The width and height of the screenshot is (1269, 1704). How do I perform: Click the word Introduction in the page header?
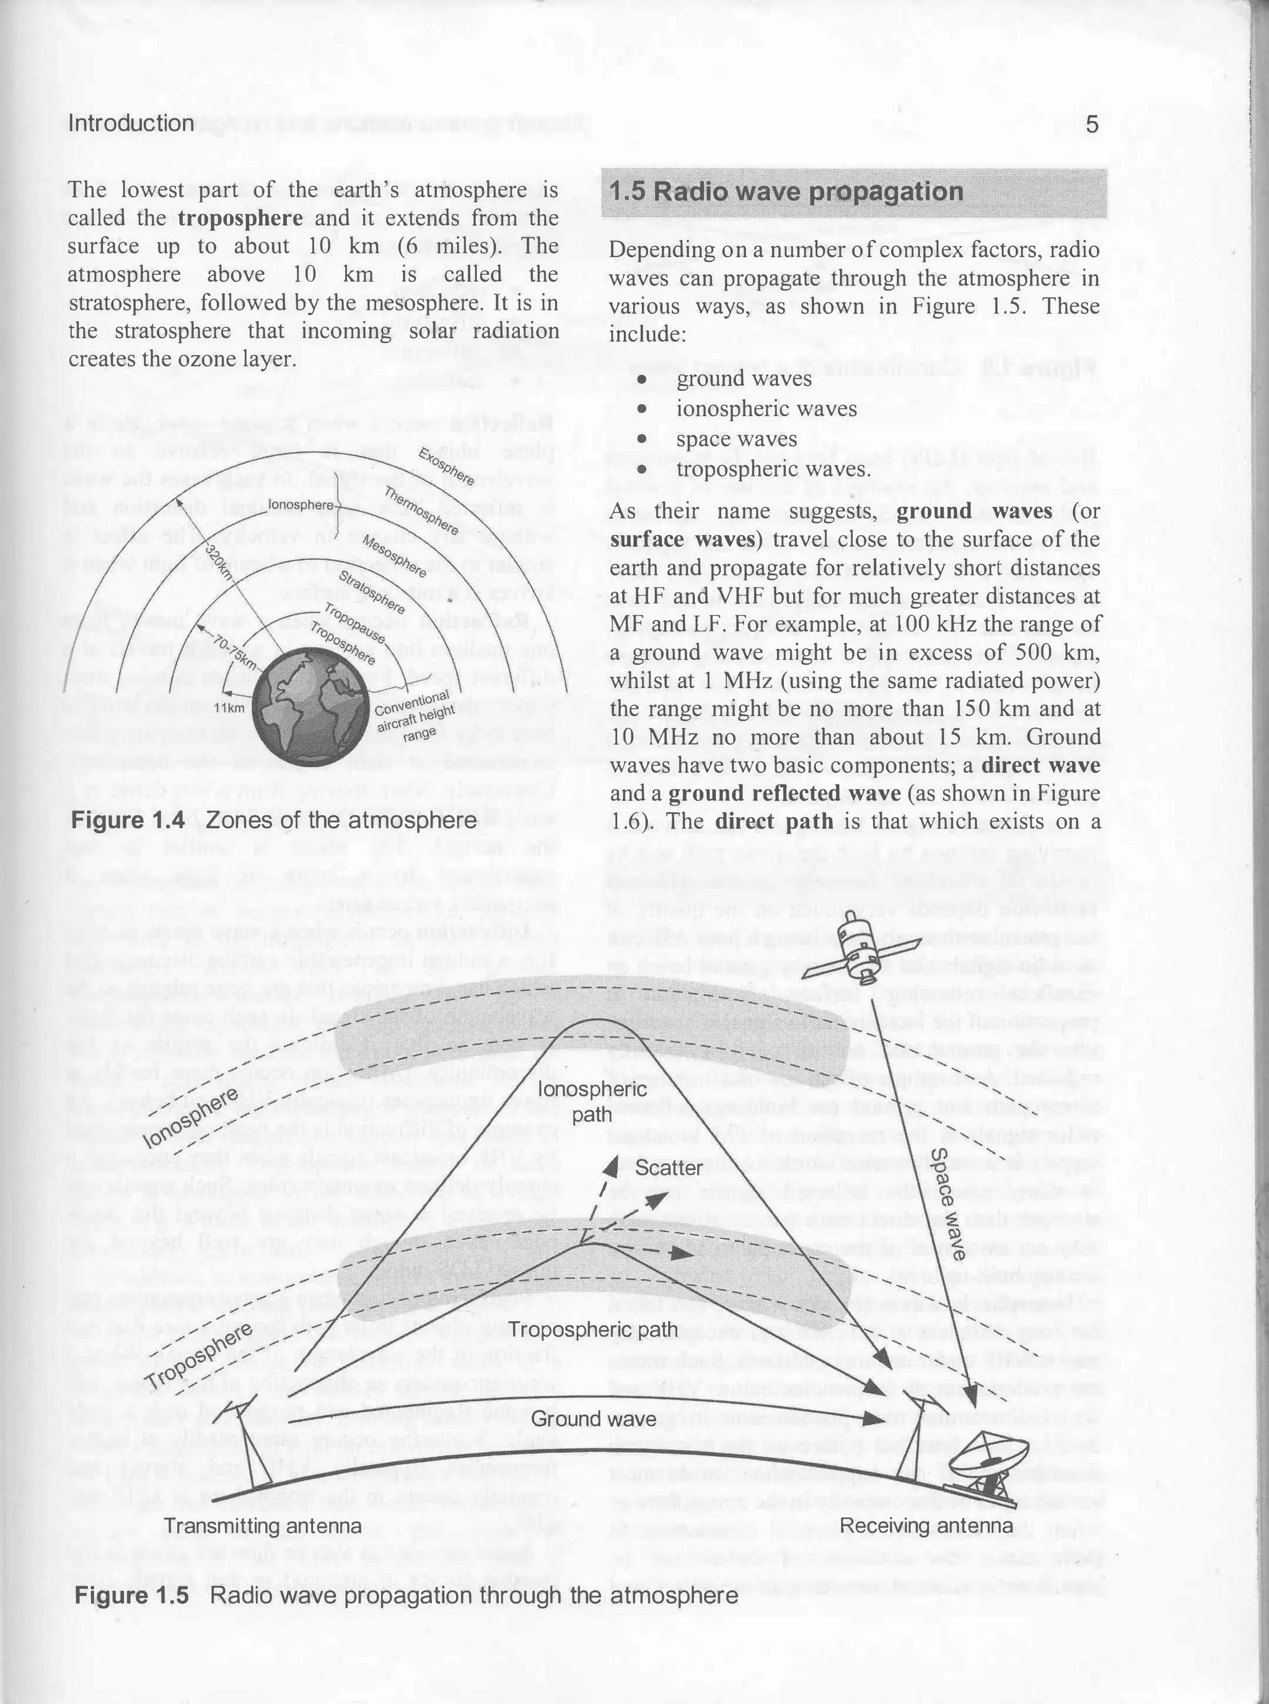click(x=131, y=124)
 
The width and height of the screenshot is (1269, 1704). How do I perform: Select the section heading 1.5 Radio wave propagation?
click(x=786, y=192)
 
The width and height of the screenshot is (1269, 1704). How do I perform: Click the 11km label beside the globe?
click(x=228, y=708)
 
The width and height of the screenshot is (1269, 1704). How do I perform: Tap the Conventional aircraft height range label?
click(x=415, y=715)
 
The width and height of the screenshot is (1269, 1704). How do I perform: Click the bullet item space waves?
click(x=736, y=439)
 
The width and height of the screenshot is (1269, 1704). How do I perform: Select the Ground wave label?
click(x=594, y=1418)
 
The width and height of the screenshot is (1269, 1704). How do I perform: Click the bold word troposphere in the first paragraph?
click(x=240, y=218)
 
